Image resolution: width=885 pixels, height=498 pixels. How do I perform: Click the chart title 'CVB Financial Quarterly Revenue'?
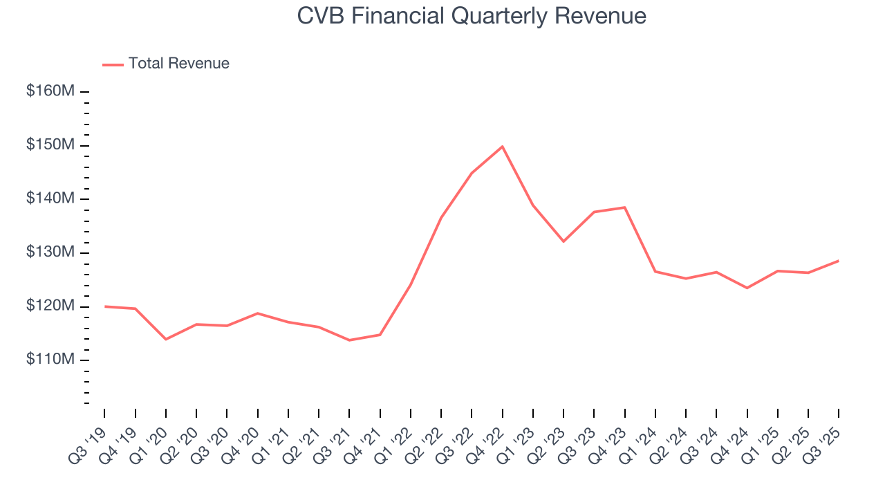click(472, 16)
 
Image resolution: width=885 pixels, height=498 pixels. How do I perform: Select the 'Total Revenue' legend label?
click(178, 64)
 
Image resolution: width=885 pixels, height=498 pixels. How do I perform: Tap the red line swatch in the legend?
click(113, 64)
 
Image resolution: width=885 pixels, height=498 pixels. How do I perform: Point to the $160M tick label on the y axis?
click(50, 91)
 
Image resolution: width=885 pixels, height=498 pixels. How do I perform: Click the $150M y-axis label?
click(50, 145)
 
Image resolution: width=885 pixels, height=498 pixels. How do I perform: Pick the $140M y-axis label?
click(50, 199)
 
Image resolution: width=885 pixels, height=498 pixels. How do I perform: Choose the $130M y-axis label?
click(50, 252)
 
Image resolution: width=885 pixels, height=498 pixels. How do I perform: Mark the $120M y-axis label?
click(50, 306)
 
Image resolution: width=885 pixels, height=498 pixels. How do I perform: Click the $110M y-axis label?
click(50, 360)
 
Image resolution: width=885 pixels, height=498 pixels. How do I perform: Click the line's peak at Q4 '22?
click(502, 147)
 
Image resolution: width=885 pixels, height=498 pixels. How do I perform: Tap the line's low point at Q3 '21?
click(349, 340)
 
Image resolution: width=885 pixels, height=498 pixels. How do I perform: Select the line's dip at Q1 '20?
click(166, 339)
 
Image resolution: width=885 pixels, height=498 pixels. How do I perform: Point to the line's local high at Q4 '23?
click(624, 207)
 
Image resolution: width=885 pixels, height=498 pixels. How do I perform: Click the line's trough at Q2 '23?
click(563, 241)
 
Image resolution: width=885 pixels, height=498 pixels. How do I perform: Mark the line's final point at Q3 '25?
click(839, 261)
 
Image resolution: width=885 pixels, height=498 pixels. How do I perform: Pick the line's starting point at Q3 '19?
click(104, 306)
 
